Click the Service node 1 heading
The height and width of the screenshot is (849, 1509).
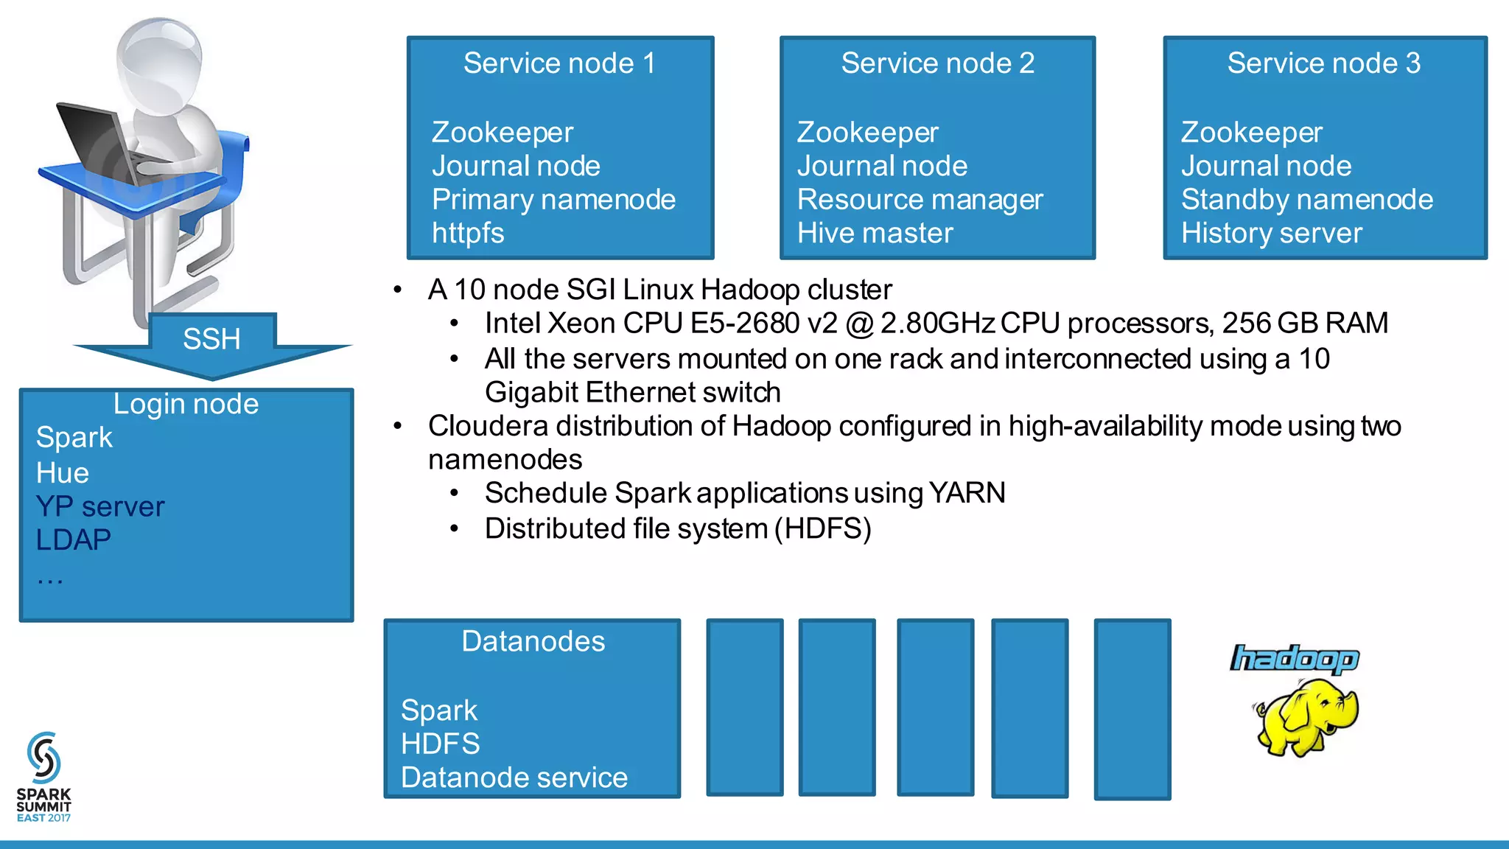tap(559, 63)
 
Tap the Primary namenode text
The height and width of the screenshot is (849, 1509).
tap(553, 200)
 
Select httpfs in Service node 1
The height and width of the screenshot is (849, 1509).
tap(468, 234)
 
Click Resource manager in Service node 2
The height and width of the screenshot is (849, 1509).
tap(920, 200)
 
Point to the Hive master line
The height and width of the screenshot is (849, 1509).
tap(875, 234)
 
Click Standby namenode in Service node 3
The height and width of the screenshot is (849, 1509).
tap(1306, 200)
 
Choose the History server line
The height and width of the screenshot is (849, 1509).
tap(1271, 234)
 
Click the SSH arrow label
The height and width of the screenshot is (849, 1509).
tap(211, 340)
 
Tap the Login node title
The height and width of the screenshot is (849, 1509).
tap(186, 404)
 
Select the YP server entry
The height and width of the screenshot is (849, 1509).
tap(100, 507)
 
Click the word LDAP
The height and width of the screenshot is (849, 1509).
tap(73, 540)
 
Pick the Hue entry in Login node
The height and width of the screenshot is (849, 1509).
tap(63, 473)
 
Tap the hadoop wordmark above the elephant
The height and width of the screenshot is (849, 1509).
tap(1294, 658)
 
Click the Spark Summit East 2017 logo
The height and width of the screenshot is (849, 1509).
tap(43, 778)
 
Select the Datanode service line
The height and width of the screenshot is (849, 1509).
tap(514, 778)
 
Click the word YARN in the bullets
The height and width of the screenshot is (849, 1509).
tap(967, 493)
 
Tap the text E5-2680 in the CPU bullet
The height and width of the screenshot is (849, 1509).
tap(744, 324)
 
